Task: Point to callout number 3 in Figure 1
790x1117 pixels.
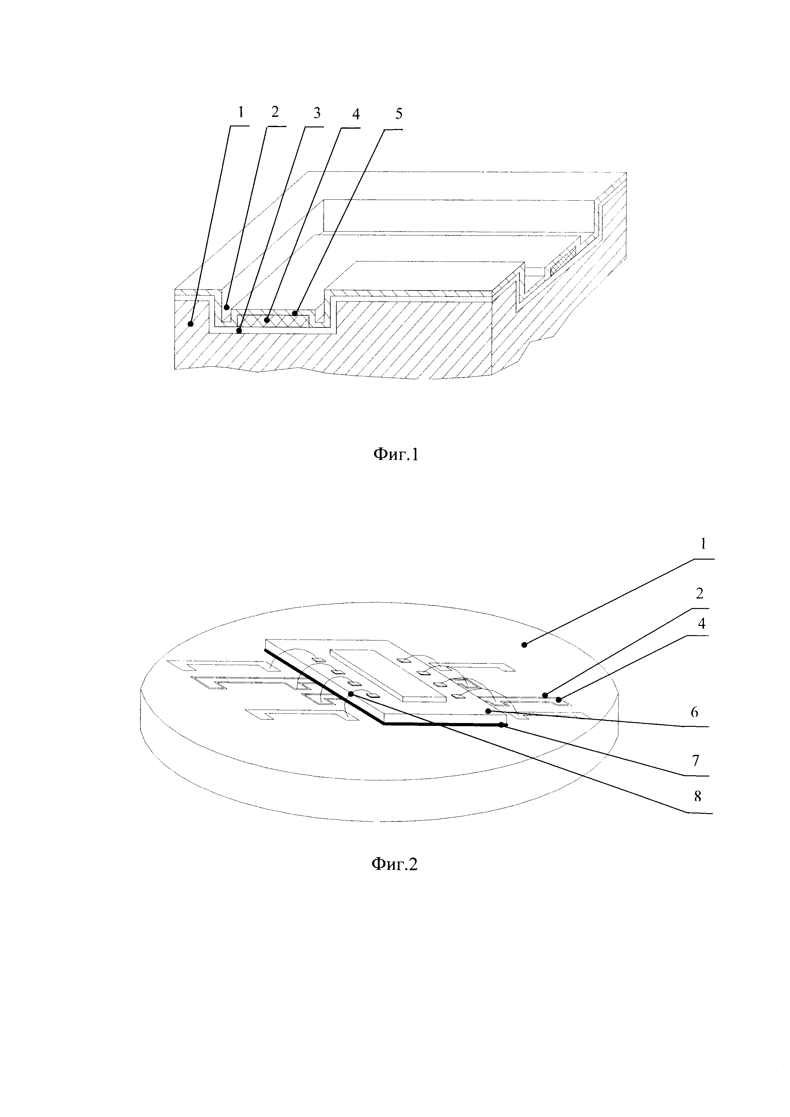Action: point(316,113)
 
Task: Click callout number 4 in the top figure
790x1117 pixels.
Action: point(355,114)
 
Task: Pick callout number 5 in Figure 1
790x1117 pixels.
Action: point(399,114)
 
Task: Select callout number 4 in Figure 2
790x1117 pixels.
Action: point(701,623)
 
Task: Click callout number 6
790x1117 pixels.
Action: point(695,712)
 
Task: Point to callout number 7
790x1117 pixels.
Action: point(696,760)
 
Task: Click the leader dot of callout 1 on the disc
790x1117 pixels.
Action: point(524,645)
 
